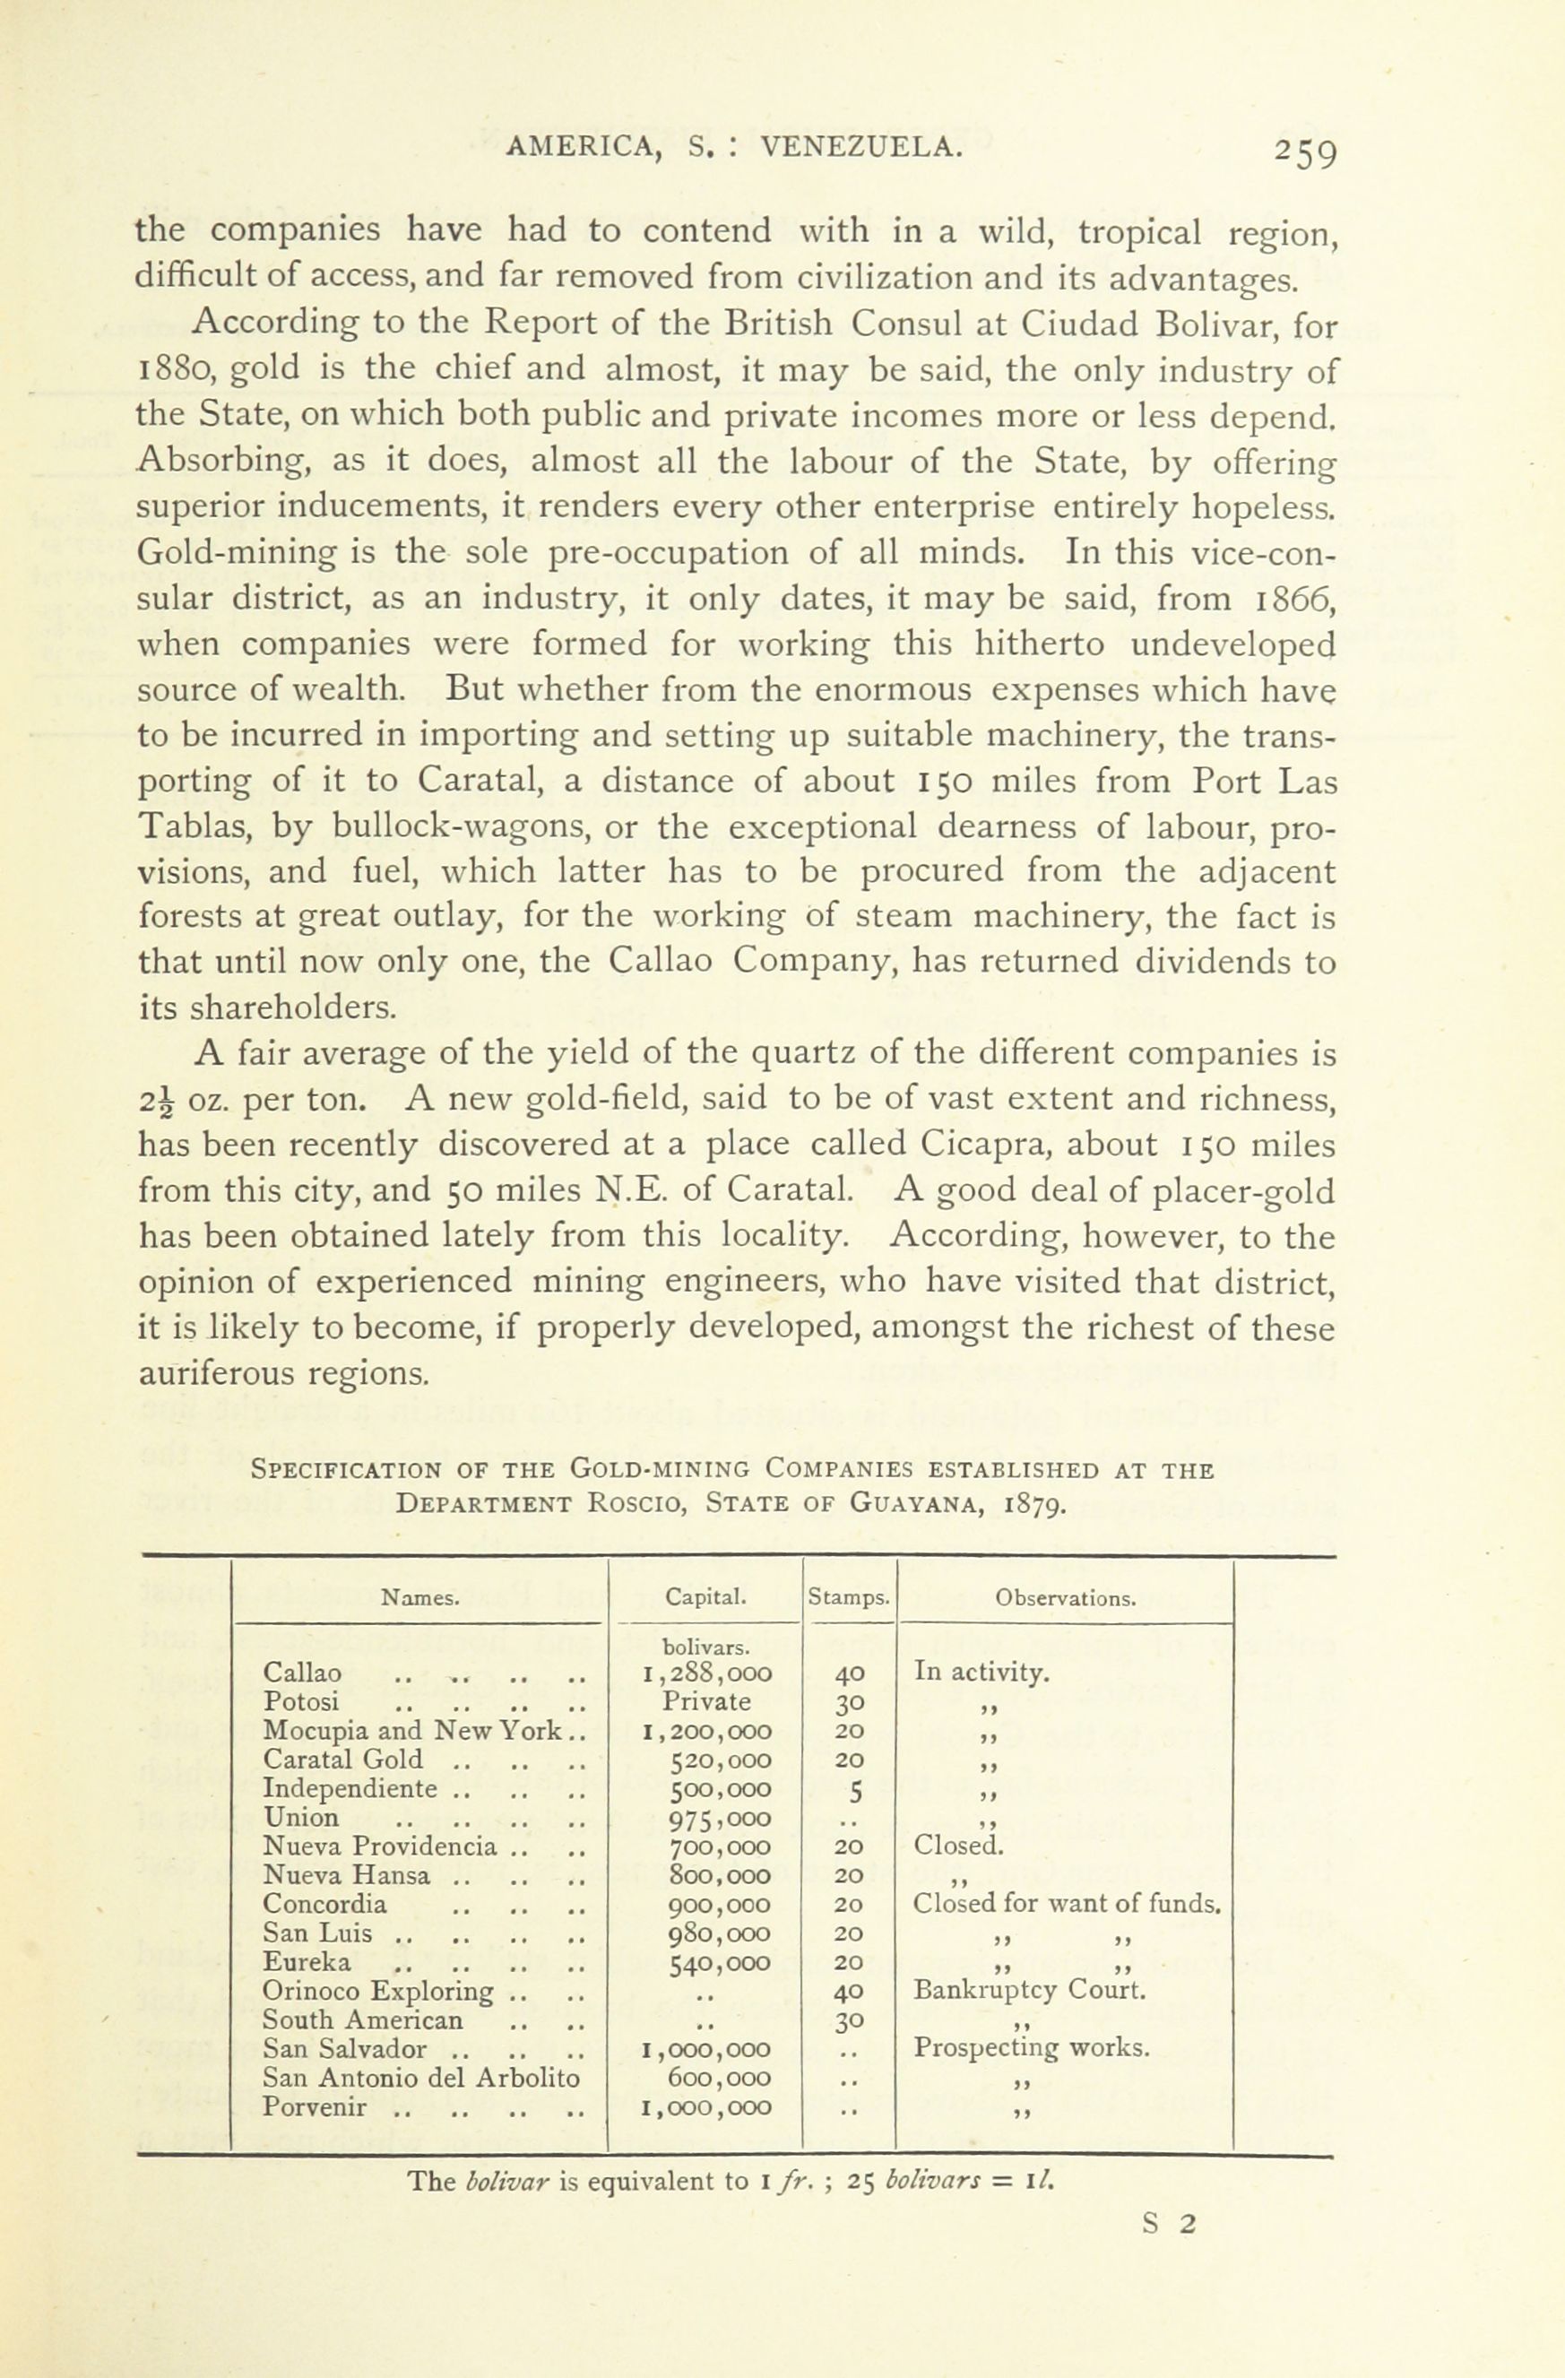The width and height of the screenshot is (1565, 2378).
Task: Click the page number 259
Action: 1304,153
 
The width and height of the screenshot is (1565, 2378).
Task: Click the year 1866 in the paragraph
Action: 1295,599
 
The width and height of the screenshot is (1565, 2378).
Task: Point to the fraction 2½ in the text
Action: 156,1101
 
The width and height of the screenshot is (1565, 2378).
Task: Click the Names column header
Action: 420,1597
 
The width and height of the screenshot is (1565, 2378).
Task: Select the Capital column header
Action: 705,1597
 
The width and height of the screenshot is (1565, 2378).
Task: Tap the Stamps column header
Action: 849,1597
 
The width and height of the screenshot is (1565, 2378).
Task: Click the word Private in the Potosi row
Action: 705,1701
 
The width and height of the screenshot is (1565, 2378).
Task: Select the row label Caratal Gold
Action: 342,1760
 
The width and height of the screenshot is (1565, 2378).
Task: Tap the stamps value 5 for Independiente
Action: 849,1788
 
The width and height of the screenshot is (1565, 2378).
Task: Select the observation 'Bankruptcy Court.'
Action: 1029,1989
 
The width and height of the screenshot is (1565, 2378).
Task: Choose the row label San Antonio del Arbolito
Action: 420,2077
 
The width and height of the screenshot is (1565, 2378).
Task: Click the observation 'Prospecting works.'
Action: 1032,2047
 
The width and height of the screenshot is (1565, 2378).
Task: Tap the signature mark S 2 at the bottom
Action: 1168,2223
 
